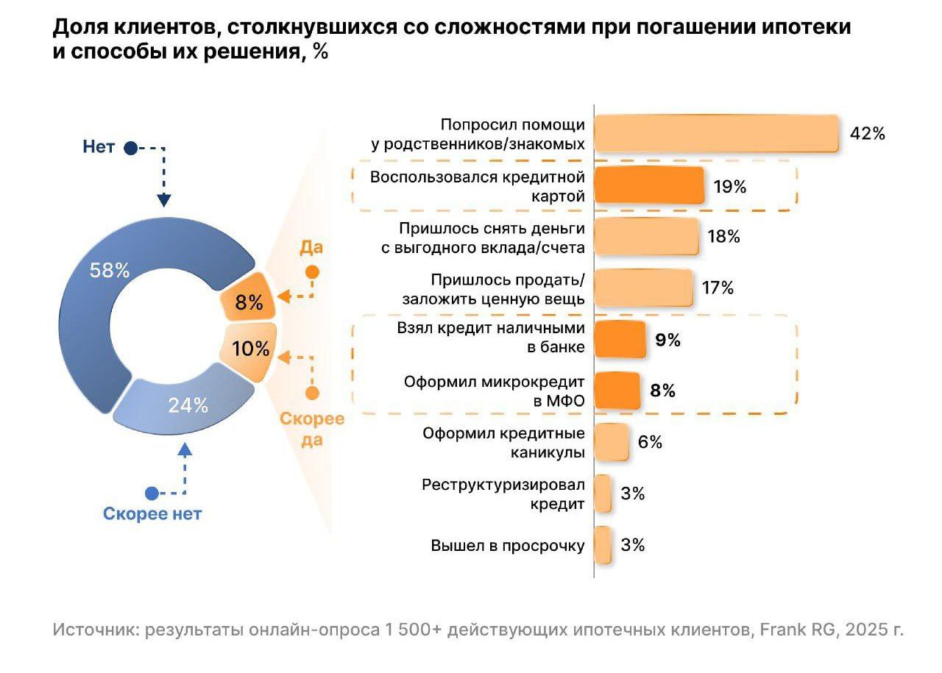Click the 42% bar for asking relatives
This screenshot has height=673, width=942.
point(716,133)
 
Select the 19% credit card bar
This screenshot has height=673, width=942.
point(648,185)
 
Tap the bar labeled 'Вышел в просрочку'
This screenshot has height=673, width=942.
point(603,545)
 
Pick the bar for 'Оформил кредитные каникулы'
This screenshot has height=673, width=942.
point(611,442)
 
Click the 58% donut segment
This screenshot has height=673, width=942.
point(110,309)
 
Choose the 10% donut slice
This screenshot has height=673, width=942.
point(249,350)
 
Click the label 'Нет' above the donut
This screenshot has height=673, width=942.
point(99,147)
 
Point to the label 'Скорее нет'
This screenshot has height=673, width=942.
point(152,514)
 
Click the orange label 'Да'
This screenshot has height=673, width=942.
point(311,248)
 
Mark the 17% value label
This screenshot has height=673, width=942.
point(718,288)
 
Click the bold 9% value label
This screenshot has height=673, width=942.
point(667,340)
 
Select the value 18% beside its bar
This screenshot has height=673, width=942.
point(723,237)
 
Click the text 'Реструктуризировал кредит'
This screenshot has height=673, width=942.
point(503,494)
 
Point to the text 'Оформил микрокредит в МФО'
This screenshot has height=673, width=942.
point(494,391)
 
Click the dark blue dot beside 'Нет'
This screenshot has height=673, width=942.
point(130,148)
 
